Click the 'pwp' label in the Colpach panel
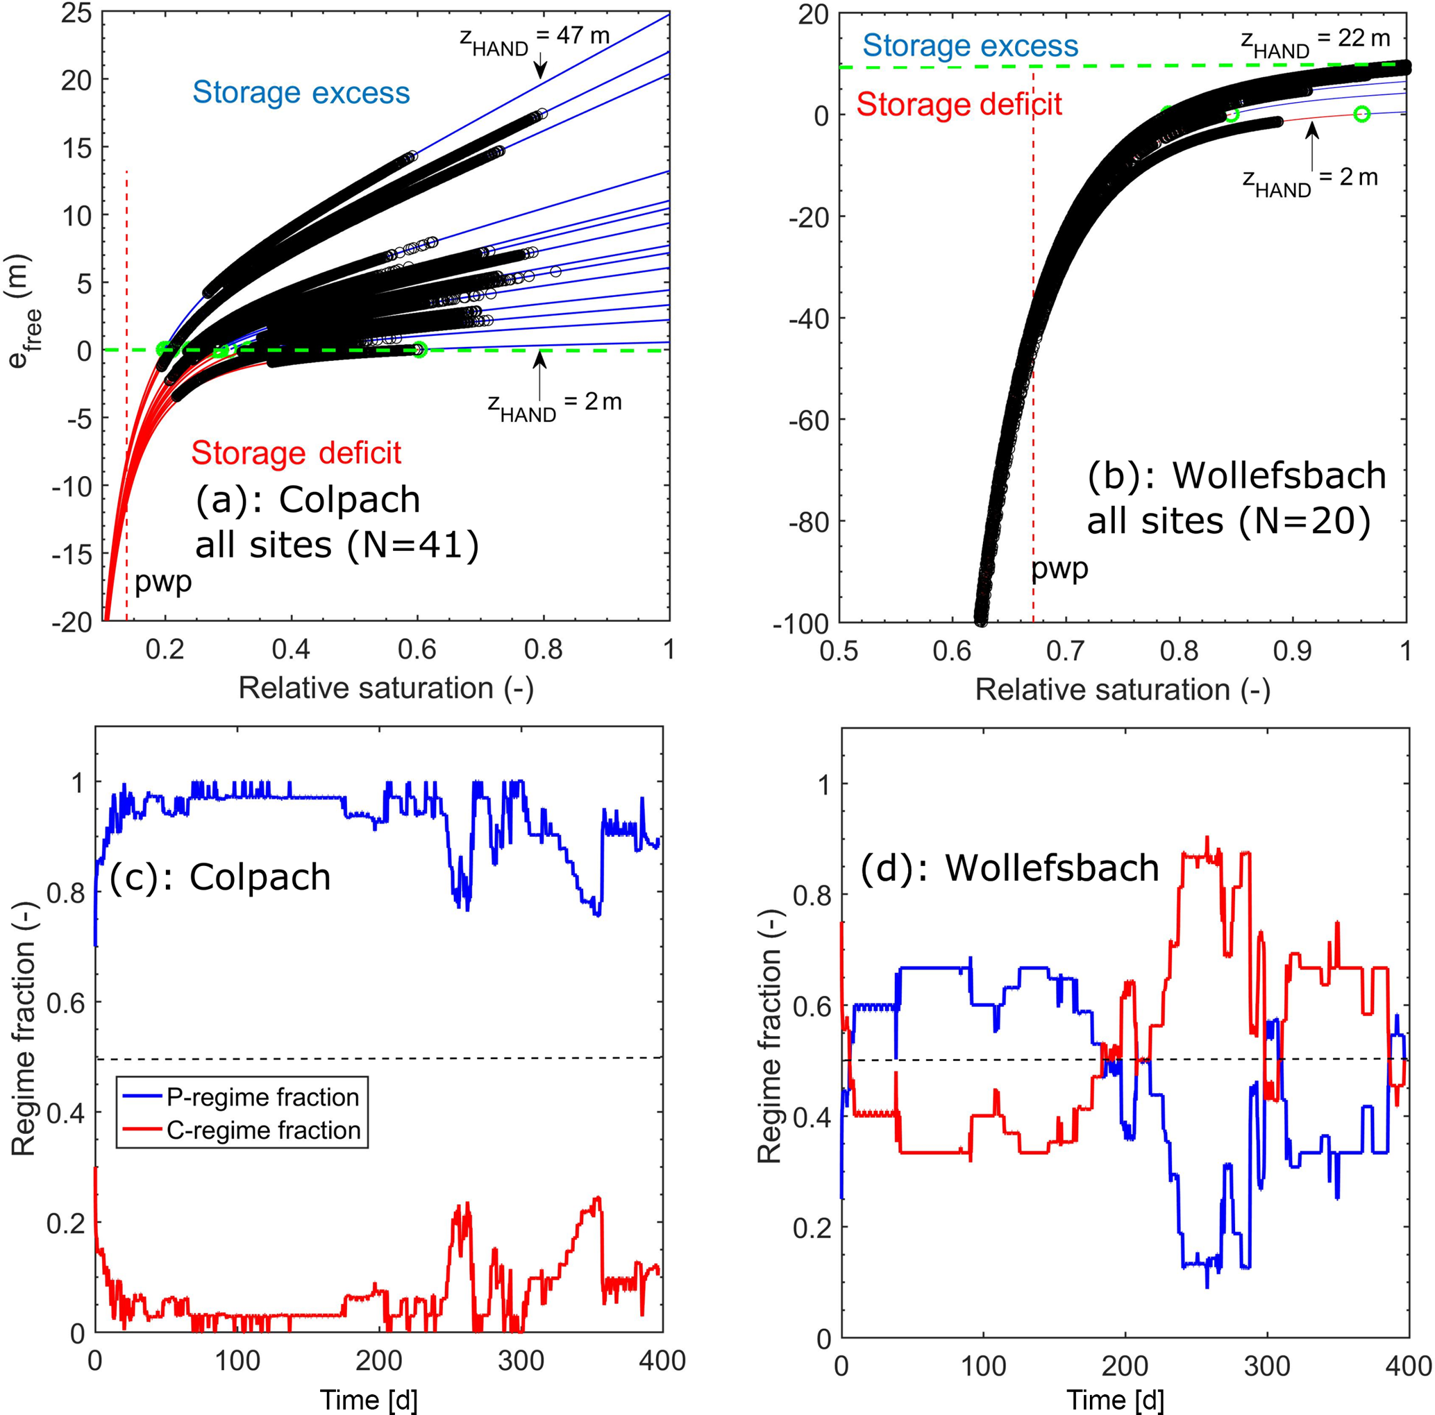(x=162, y=582)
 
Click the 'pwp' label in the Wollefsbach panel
(x=1060, y=568)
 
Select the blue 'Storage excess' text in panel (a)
(x=301, y=93)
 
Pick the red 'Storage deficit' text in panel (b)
(x=959, y=104)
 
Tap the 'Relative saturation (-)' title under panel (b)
(x=1123, y=690)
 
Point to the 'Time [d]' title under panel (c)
(x=369, y=1400)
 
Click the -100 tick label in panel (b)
(x=800, y=624)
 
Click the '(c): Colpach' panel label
(x=221, y=876)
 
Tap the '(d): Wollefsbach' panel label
(x=1009, y=868)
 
